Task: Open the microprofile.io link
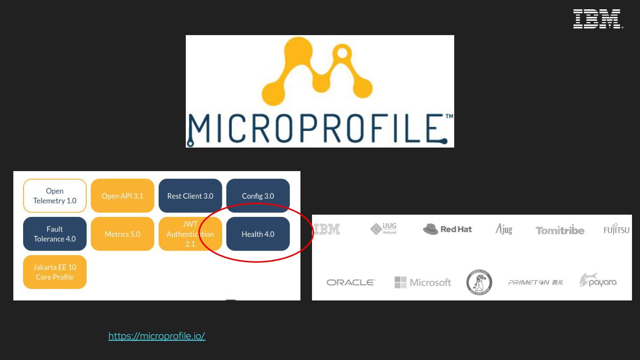point(157,336)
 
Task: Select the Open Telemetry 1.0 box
point(55,196)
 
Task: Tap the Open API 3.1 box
point(122,196)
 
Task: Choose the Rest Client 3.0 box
point(190,196)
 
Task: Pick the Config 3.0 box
point(258,196)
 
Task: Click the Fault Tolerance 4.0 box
point(55,234)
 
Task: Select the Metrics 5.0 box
point(122,234)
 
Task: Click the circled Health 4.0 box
point(258,234)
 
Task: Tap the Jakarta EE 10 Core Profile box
point(55,272)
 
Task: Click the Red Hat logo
point(447,229)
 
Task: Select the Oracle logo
point(351,282)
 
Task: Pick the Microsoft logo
point(423,282)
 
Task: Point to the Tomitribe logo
point(560,230)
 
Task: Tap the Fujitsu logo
point(616,229)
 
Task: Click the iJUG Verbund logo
point(384,228)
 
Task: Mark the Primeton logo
point(536,282)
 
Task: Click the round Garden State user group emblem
point(479,282)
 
